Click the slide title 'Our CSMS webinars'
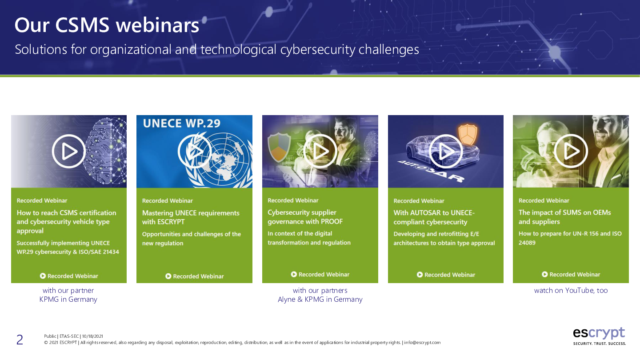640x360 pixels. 107,25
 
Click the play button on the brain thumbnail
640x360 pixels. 69,151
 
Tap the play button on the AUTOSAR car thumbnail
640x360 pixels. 446,151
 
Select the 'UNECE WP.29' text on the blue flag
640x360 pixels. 182,124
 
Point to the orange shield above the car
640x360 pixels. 468,134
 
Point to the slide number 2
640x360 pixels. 20,340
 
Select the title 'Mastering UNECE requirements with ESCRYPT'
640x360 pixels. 191,217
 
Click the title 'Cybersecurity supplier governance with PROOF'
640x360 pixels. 305,217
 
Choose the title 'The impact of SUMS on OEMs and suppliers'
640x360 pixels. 564,217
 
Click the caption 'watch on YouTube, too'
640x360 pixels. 571,290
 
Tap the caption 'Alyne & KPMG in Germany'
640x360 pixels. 320,300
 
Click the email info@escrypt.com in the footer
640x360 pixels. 422,343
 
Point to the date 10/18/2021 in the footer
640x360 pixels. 92,336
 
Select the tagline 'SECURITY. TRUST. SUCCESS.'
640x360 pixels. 600,344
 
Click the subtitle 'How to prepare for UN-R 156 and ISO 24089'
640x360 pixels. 570,238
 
